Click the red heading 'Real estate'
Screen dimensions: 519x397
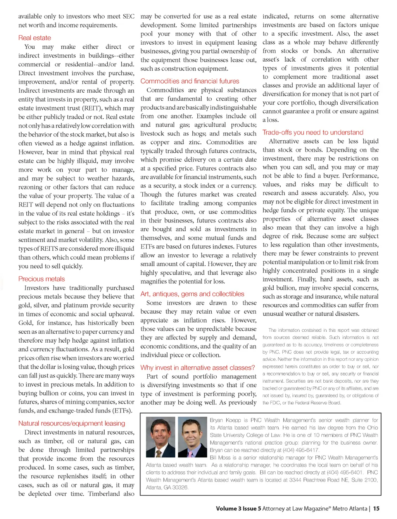(35, 38)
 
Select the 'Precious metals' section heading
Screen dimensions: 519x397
(41, 279)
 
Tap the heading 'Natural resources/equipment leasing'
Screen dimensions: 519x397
(72, 423)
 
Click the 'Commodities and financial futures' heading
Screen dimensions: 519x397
(190, 81)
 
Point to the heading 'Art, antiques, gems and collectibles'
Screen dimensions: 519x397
(192, 294)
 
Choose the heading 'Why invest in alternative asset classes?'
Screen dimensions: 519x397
(198, 367)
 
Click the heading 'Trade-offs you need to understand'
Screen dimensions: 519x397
(313, 132)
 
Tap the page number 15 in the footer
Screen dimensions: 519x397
(376, 509)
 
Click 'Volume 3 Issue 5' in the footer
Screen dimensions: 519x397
(238, 509)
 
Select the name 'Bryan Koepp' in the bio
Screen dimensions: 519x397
(225, 420)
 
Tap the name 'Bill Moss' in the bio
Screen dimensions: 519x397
(220, 458)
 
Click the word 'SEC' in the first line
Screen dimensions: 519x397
(128, 16)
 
